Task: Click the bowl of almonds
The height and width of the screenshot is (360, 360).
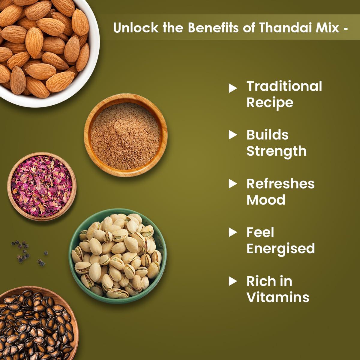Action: click(45, 48)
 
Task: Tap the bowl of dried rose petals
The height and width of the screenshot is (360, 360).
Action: click(42, 186)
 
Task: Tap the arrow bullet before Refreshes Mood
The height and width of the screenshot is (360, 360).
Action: click(233, 184)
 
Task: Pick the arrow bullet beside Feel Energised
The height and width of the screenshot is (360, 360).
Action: click(233, 232)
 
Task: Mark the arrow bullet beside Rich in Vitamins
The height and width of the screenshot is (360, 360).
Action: click(233, 281)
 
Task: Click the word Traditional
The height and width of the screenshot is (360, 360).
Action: click(284, 86)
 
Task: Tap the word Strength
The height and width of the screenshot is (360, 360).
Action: click(276, 151)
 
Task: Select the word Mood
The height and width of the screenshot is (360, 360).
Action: click(266, 200)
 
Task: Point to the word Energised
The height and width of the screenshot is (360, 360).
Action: click(280, 249)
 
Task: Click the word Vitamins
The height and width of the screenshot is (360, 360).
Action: click(278, 297)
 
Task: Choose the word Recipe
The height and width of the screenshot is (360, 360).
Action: click(270, 103)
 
